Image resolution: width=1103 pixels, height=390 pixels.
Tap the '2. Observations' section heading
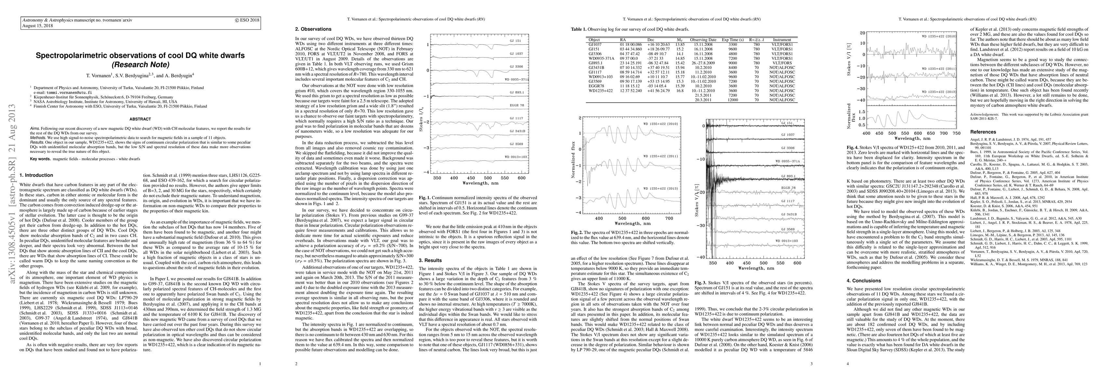click(x=313, y=29)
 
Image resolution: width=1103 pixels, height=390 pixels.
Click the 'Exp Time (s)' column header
click(x=734, y=39)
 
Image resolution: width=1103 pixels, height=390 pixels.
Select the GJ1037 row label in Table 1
click(x=595, y=44)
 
